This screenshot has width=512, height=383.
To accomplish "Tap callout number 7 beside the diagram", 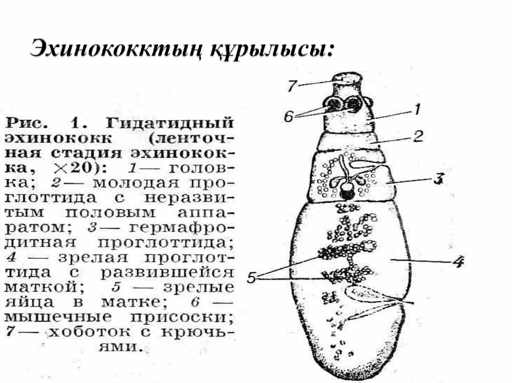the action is pyautogui.click(x=292, y=85).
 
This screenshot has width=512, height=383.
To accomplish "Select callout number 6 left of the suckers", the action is pyautogui.click(x=288, y=116).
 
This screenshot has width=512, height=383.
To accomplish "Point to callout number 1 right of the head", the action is pyautogui.click(x=416, y=107).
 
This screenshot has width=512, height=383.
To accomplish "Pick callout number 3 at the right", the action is pyautogui.click(x=437, y=179).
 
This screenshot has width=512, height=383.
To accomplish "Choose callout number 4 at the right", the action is pyautogui.click(x=458, y=261).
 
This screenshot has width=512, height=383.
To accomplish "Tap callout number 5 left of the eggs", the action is pyautogui.click(x=252, y=278).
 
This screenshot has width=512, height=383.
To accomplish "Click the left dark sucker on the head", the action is pyautogui.click(x=332, y=104).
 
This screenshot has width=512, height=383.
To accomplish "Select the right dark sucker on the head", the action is pyautogui.click(x=354, y=104).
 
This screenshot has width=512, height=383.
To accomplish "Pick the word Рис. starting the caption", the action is pyautogui.click(x=27, y=122).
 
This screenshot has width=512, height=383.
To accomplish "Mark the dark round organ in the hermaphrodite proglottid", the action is pyautogui.click(x=346, y=189).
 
